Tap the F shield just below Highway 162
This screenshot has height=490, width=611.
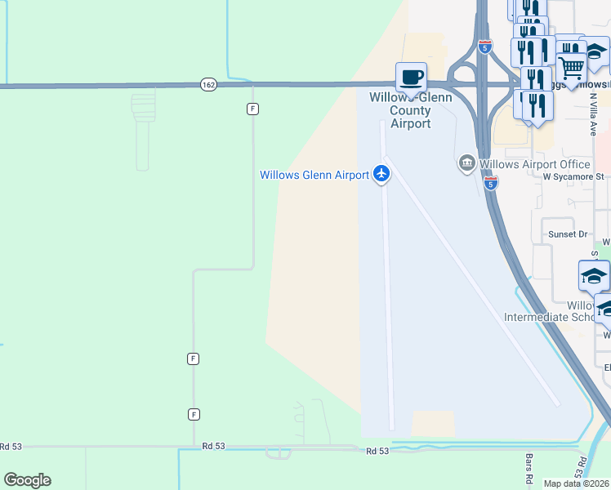[253, 108]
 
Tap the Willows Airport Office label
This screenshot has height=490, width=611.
[535, 164]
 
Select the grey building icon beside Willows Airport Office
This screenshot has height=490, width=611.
[466, 164]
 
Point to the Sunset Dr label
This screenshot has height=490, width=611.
[568, 234]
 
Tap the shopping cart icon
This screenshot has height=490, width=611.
[571, 67]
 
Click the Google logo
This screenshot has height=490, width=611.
[27, 480]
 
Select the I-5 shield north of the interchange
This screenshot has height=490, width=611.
[485, 47]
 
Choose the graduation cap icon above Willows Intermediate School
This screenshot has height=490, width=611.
[594, 276]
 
